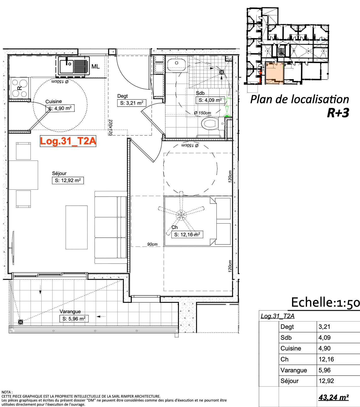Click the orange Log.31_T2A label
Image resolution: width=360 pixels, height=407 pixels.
(x=68, y=141)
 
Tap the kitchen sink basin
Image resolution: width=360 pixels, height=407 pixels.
(x=67, y=66)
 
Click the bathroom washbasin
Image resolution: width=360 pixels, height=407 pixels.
(x=177, y=65)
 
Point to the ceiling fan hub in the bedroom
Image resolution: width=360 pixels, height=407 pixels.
(x=181, y=215)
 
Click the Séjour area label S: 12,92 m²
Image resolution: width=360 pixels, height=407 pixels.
(x=68, y=181)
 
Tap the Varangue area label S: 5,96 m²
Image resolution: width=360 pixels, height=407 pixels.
(x=74, y=319)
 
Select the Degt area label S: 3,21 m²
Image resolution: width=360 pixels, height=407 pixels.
(x=132, y=103)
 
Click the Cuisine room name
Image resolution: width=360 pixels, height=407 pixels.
(x=54, y=102)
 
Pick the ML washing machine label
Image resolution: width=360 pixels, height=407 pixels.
(x=96, y=67)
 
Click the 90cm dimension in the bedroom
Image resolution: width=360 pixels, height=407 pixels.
(x=152, y=244)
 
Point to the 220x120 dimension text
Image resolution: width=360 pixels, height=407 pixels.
(x=110, y=127)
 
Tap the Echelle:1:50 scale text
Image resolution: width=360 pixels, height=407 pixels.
(x=326, y=303)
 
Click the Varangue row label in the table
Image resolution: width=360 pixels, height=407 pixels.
(x=294, y=370)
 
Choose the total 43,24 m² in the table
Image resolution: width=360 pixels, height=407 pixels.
(x=334, y=397)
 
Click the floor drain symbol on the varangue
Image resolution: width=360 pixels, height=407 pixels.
(x=21, y=322)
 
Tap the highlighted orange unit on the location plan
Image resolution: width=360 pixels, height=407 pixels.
(x=274, y=73)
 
